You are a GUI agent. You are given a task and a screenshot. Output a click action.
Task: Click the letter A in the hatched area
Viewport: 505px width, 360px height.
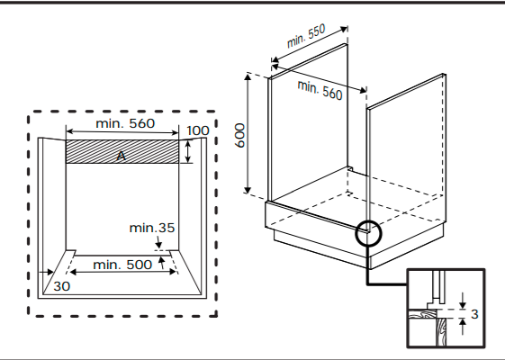click(x=122, y=156)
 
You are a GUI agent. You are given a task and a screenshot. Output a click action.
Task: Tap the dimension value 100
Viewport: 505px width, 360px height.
click(x=198, y=130)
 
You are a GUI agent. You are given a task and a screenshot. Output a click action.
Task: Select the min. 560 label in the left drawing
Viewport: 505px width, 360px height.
click(x=125, y=123)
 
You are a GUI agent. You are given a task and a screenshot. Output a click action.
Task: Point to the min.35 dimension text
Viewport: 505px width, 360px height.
click(x=152, y=228)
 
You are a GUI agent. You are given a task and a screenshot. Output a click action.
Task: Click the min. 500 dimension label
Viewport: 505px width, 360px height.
click(x=122, y=265)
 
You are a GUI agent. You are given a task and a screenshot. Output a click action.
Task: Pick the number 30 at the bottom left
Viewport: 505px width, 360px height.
click(x=61, y=286)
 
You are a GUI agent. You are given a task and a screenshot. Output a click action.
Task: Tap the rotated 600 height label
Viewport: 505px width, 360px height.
click(x=240, y=135)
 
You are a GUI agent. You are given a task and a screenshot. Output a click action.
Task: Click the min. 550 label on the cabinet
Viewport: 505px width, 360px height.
click(x=306, y=35)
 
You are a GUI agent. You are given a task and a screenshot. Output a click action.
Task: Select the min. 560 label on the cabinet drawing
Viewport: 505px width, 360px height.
click(x=320, y=90)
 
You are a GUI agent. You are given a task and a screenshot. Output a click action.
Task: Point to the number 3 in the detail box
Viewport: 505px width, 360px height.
click(x=474, y=314)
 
